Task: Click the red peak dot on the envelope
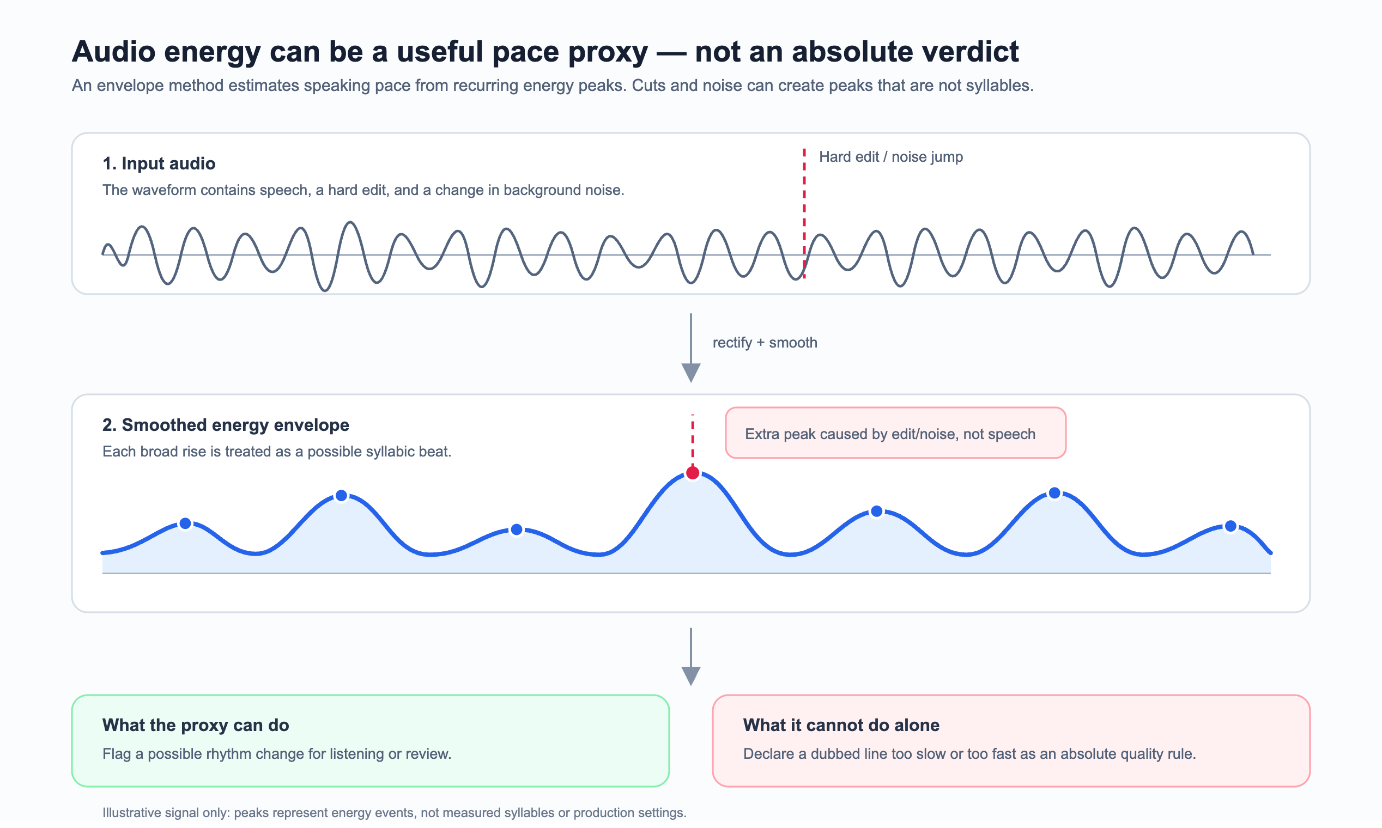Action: (693, 473)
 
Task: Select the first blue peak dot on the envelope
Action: (185, 523)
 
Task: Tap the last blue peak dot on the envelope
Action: (1231, 526)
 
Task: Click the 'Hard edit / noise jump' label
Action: (891, 157)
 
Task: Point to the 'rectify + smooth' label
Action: (765, 343)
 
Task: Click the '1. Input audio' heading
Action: (159, 163)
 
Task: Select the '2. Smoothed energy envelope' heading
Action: (226, 425)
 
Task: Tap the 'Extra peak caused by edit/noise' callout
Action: (895, 433)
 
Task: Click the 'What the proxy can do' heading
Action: (195, 725)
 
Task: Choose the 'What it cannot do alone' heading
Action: (841, 725)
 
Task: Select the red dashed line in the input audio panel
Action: (804, 213)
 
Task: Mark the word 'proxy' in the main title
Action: (608, 52)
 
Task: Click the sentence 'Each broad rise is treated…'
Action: (277, 452)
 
